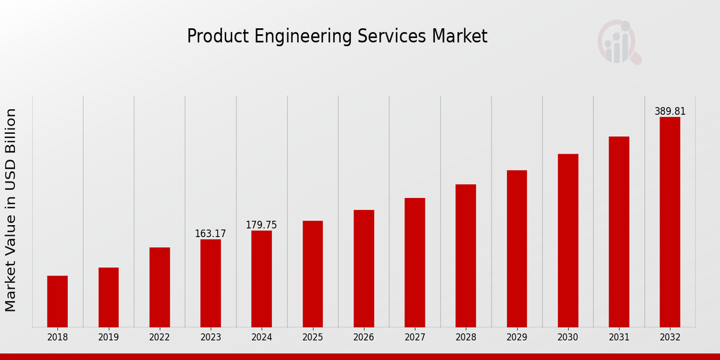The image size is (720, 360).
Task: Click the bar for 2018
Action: [58, 301]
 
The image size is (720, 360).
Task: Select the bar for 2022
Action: [160, 287]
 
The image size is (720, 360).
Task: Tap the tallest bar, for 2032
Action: [670, 222]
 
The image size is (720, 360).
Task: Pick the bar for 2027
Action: [415, 262]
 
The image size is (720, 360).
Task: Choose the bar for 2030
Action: [568, 240]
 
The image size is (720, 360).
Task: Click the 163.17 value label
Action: [211, 234]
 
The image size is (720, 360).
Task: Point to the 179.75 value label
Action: [262, 225]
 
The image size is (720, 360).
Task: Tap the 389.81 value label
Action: [670, 112]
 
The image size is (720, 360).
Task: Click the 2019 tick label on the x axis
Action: [109, 337]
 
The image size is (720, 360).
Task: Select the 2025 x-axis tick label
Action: [313, 337]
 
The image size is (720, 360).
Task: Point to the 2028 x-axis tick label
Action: [466, 337]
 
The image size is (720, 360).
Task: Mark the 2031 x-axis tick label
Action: [619, 337]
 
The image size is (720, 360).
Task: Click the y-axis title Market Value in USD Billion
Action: [11, 210]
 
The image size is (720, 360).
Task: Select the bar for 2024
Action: [262, 278]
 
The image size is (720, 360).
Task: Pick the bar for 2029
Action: [517, 248]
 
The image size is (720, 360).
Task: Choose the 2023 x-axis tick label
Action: [211, 337]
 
